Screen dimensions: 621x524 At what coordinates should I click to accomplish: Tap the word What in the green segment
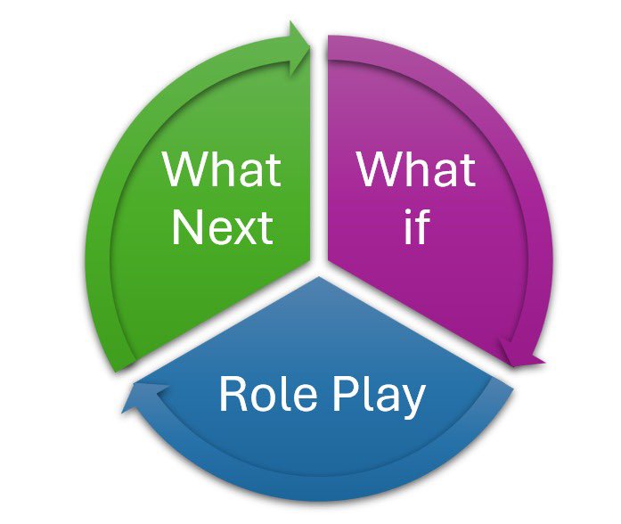(222, 168)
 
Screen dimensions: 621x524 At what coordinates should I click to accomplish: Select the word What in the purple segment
(415, 168)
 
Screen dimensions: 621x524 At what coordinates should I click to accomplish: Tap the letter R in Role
(232, 394)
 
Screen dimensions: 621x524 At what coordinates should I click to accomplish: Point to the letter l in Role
(278, 393)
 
